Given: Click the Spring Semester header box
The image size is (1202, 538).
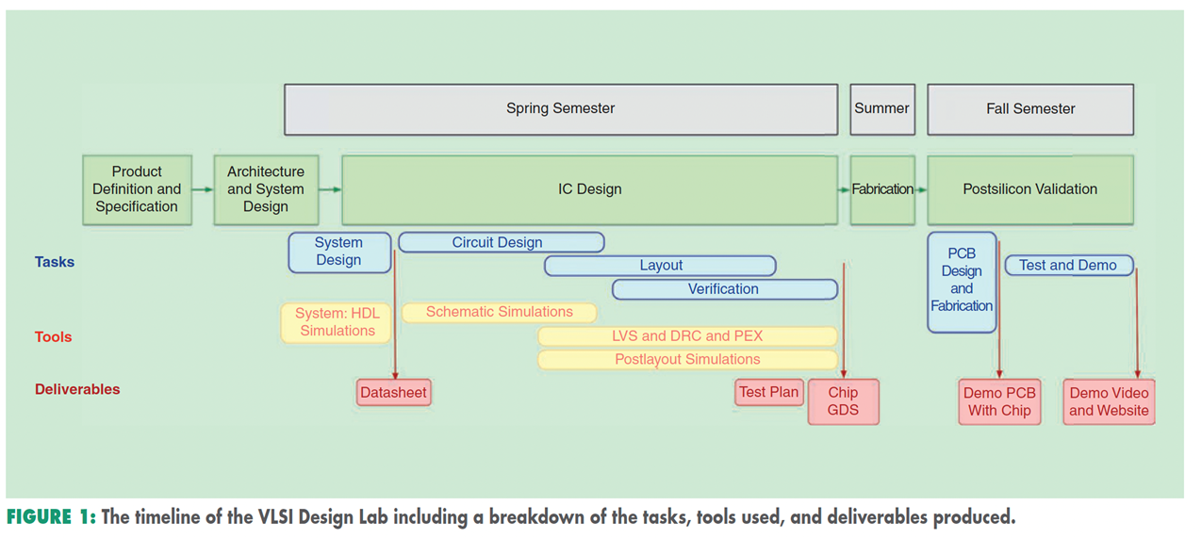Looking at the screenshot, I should [560, 109].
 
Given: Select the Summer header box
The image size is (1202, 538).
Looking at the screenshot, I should [881, 109].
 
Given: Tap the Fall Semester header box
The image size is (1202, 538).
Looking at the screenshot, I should [1029, 109].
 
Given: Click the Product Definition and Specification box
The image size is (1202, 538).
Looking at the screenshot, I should [137, 189].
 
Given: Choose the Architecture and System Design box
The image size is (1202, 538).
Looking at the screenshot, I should [266, 189].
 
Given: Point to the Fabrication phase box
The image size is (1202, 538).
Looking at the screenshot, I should [881, 189].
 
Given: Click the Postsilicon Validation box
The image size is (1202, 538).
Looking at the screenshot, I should [1029, 189].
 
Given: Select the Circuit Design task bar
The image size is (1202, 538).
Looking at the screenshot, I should [501, 242].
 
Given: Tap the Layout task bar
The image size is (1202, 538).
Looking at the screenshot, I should [660, 266].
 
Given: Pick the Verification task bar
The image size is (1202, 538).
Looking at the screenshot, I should [723, 289].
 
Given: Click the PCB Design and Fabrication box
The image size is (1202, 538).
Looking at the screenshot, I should [961, 281].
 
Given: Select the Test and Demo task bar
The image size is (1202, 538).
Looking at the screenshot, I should [1068, 266].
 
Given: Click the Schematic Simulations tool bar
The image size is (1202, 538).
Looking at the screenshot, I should [499, 312].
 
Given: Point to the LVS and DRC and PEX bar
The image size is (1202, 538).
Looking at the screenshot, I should [686, 336].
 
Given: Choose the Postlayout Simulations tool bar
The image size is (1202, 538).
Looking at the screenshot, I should [686, 359].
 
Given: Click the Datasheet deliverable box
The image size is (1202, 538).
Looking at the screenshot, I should [393, 393].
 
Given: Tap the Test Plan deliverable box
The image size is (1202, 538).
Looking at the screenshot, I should [768, 392].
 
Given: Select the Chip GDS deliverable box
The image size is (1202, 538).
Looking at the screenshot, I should [843, 402].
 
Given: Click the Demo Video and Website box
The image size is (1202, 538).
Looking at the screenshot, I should [1109, 402].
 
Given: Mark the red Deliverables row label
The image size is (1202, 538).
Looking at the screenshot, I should [77, 389].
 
